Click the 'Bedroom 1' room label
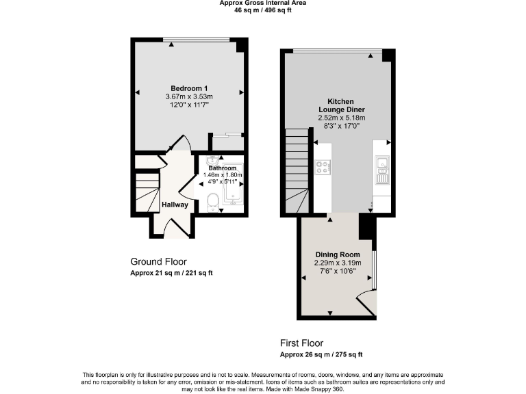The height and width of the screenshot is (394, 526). (189, 88)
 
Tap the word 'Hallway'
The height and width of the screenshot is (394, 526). (175, 205)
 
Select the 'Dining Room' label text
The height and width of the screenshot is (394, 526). (337, 254)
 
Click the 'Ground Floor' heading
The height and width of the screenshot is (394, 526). (158, 261)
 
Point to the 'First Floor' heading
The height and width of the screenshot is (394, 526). (301, 343)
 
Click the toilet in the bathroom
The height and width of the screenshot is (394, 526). (212, 202)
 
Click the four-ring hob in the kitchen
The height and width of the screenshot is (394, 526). (322, 166)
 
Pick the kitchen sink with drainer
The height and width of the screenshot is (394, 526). (381, 170)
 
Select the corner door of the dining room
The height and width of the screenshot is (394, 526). (366, 304)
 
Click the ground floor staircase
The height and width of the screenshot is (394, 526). (146, 191)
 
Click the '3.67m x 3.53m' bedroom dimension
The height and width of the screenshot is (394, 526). (189, 97)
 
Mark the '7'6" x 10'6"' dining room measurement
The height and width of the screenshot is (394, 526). (337, 271)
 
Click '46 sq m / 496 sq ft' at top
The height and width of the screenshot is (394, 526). (262, 11)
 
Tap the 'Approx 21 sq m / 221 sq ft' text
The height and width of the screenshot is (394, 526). (171, 273)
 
